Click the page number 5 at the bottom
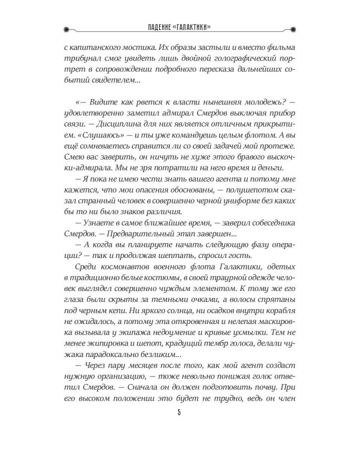click(179, 429)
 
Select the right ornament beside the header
click(293, 28)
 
